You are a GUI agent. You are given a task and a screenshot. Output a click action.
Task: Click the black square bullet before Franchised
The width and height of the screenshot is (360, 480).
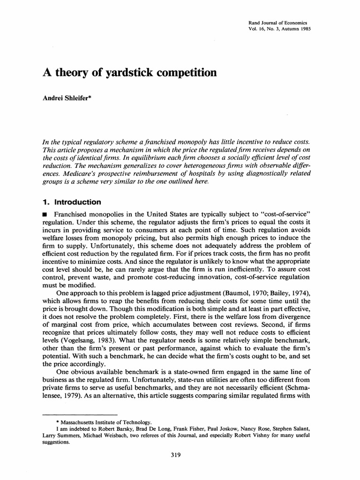point(45,215)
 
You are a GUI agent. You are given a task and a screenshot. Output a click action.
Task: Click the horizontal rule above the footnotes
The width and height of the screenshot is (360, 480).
point(79,415)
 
